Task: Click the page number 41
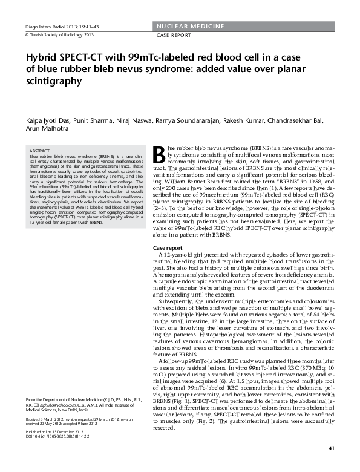(x=331, y=448)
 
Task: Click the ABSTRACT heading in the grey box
(x=39, y=150)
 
